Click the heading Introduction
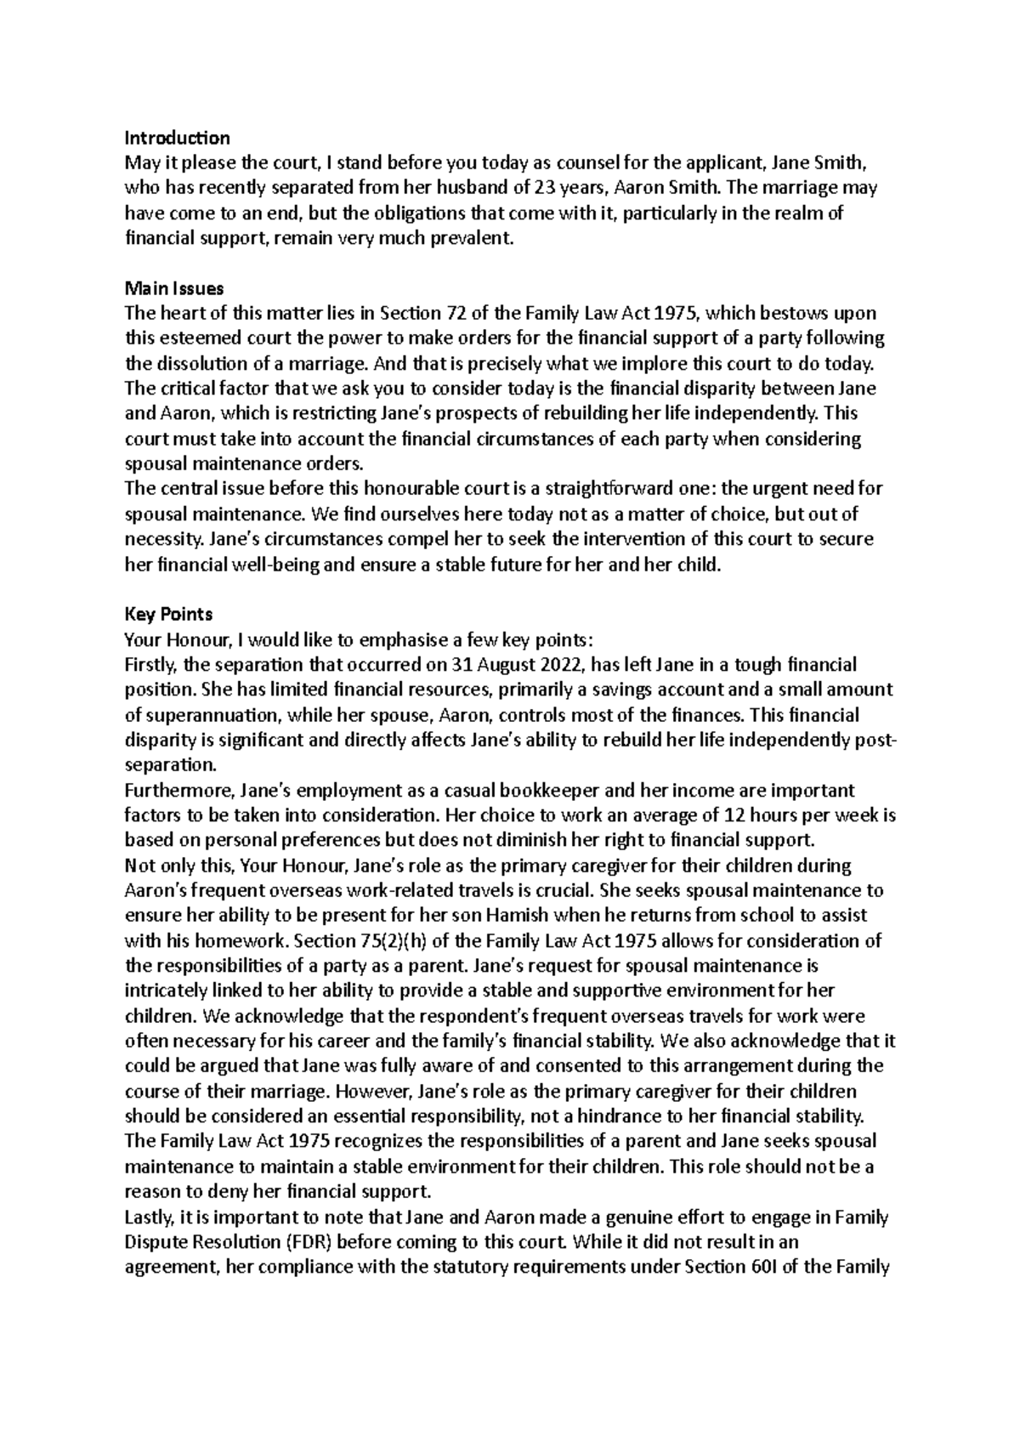pyautogui.click(x=177, y=138)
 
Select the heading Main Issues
pyautogui.click(x=174, y=288)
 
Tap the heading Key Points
pyautogui.click(x=168, y=614)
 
